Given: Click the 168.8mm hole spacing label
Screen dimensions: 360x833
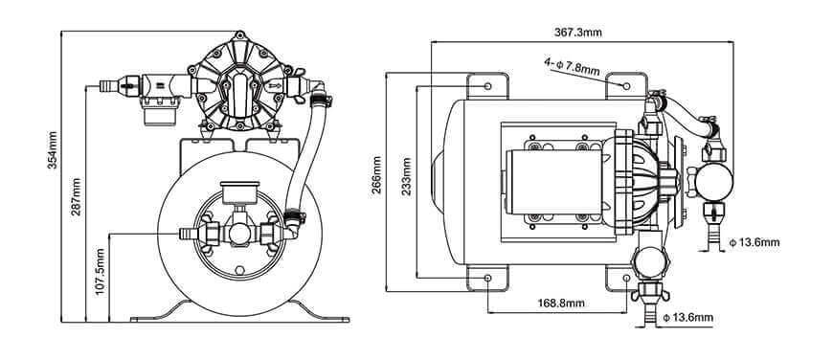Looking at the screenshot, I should pyautogui.click(x=559, y=303).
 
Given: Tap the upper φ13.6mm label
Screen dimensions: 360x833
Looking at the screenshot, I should pyautogui.click(x=754, y=242).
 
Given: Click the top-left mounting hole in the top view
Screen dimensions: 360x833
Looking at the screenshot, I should pyautogui.click(x=489, y=86).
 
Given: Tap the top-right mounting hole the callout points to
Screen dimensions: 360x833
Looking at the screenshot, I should pyautogui.click(x=627, y=86).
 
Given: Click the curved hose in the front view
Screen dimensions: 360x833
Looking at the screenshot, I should pyautogui.click(x=307, y=158).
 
